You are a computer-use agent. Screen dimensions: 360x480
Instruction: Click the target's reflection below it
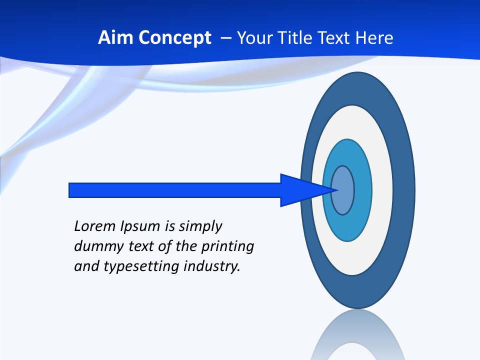357,337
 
